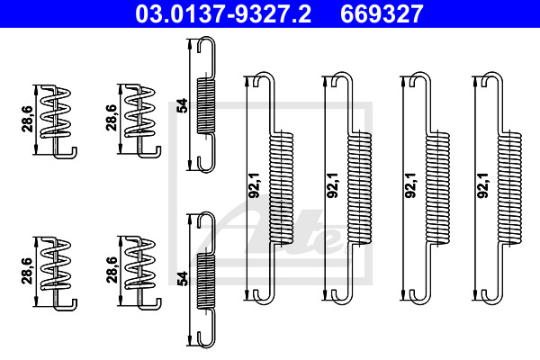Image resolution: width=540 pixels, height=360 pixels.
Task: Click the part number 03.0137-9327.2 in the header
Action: click(x=223, y=13)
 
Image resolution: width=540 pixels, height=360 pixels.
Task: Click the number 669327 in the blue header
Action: click(x=382, y=13)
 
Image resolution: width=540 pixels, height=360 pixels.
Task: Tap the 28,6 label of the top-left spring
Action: click(x=27, y=119)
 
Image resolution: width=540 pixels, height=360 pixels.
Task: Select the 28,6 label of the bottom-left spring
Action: click(x=27, y=271)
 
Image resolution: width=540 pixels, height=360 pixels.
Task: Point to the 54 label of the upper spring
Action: click(x=182, y=105)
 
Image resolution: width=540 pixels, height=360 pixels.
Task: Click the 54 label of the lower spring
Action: click(x=182, y=279)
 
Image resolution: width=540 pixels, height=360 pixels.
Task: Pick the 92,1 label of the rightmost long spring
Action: click(x=483, y=185)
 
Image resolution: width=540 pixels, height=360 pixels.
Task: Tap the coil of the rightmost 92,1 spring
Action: click(x=509, y=188)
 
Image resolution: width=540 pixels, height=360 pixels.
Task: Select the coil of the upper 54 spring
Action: click(x=205, y=106)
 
